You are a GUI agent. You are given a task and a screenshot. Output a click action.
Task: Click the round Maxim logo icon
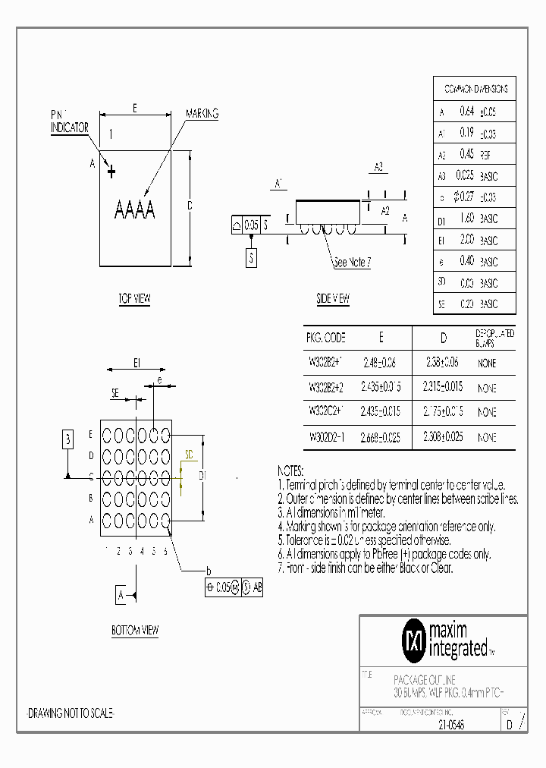413,640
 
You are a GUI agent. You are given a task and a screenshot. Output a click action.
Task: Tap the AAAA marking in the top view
134,209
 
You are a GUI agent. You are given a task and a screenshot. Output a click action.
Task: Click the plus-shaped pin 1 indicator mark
111,172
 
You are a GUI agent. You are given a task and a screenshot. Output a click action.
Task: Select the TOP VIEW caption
134,299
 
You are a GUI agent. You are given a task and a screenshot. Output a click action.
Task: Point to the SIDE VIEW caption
333,299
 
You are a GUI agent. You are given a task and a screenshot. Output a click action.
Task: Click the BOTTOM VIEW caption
135,630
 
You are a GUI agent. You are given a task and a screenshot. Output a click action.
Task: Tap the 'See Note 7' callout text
353,263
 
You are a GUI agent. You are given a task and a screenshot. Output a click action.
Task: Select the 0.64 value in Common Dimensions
466,112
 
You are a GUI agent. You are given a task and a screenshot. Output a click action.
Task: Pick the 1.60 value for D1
466,219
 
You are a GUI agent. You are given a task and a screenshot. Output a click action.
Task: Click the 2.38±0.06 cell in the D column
443,363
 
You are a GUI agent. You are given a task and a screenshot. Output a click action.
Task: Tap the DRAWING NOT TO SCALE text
71,714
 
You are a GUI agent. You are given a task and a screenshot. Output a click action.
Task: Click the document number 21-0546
450,725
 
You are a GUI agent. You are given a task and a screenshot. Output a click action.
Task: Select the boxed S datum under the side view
251,258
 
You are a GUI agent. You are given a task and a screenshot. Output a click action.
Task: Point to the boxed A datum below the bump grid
121,596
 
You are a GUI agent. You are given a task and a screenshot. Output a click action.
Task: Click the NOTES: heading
290,471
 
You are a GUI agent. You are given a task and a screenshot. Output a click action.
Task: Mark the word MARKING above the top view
202,114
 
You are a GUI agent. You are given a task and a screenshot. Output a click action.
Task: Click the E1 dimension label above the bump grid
137,364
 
